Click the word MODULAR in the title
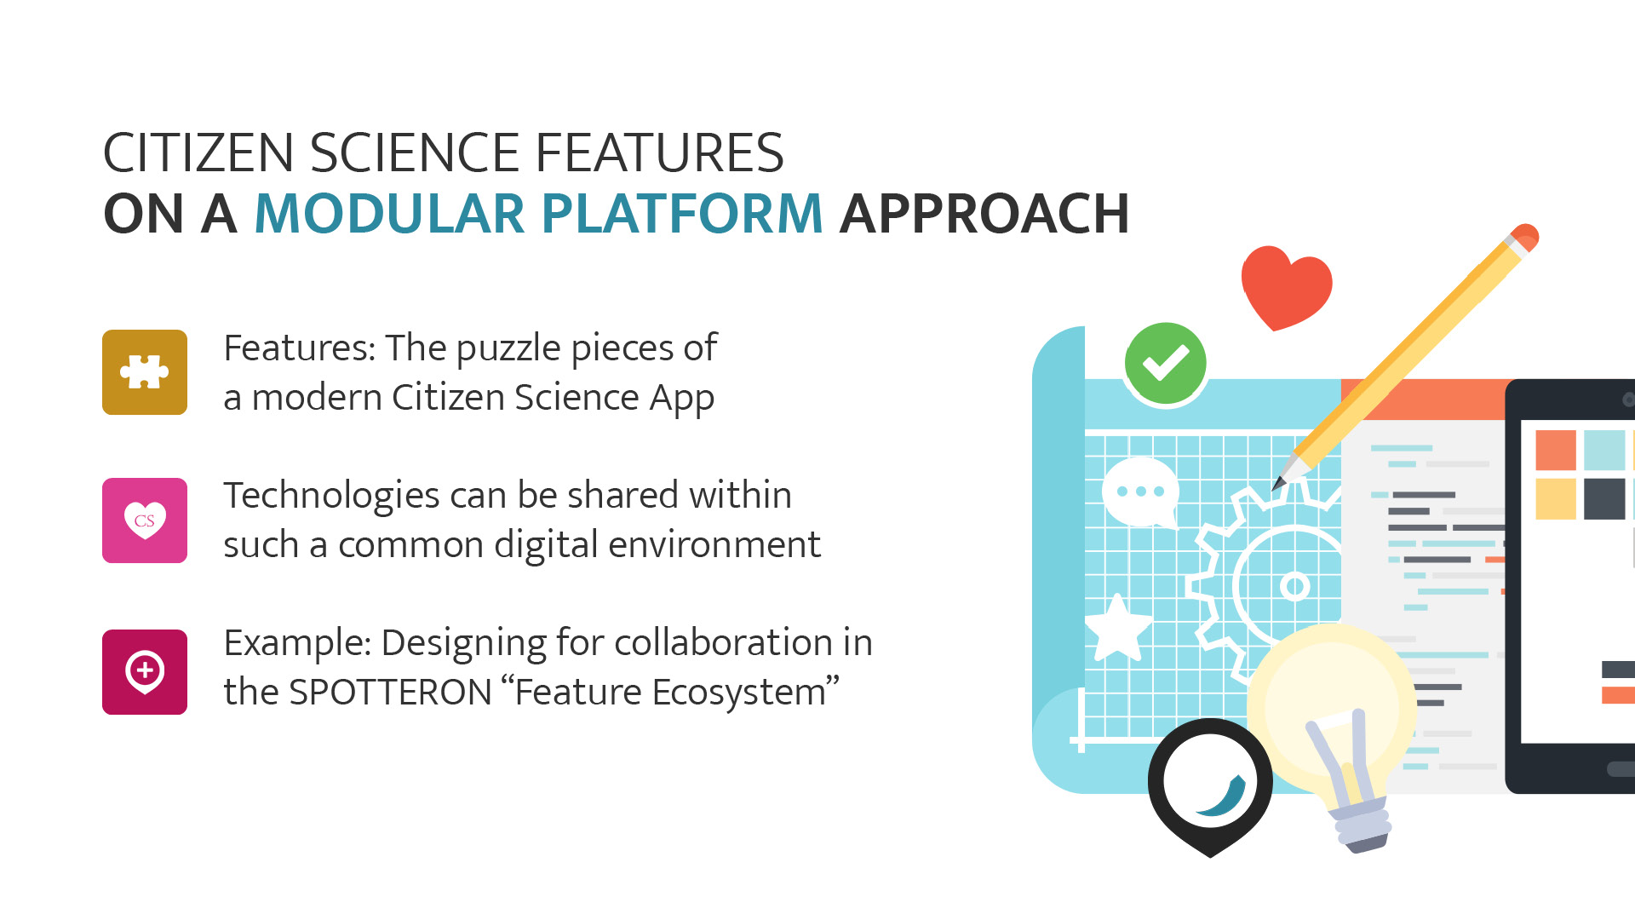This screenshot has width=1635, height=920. click(x=389, y=213)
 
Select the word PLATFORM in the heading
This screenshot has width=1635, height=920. click(x=682, y=213)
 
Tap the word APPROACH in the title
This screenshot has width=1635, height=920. click(x=984, y=213)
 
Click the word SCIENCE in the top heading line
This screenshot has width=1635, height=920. click(x=414, y=152)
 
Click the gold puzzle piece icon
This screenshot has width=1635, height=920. click(x=145, y=372)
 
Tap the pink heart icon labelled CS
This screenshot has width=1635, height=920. click(x=145, y=520)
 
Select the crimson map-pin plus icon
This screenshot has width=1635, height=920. click(x=145, y=672)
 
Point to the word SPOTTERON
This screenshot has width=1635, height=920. click(x=391, y=692)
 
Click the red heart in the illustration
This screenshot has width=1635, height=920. click(x=1286, y=287)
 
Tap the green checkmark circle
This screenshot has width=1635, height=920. click(x=1165, y=363)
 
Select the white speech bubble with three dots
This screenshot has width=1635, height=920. click(x=1140, y=492)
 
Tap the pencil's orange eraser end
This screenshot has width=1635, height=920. click(x=1523, y=238)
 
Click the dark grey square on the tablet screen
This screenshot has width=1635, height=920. click(x=1604, y=499)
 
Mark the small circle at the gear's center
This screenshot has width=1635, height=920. click(x=1294, y=586)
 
